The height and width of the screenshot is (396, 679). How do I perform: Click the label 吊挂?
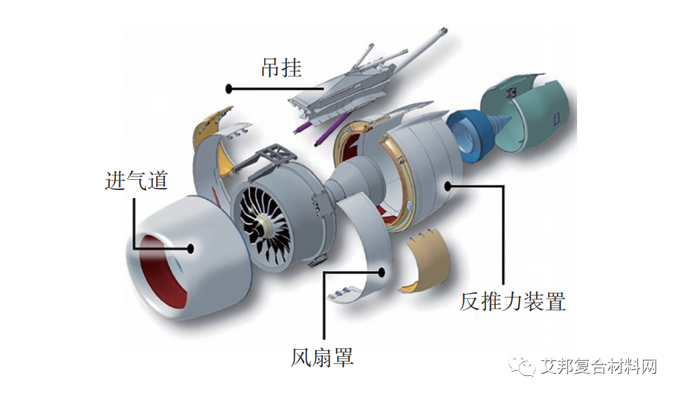point(281,68)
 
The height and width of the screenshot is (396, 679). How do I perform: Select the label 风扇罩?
point(322,356)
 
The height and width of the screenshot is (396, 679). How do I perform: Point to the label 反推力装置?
point(512,301)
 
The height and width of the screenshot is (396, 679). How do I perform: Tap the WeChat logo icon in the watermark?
point(523,366)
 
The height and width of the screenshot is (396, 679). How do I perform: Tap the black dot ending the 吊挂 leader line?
point(229,88)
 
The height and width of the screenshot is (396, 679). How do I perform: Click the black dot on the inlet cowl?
point(191,248)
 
